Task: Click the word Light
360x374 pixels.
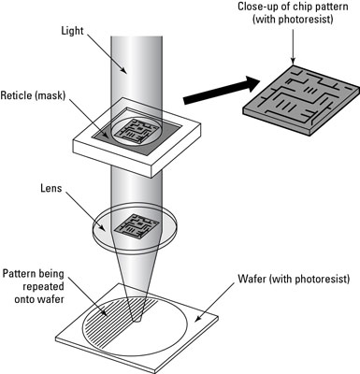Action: [x=72, y=32]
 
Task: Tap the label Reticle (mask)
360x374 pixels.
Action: [x=33, y=95]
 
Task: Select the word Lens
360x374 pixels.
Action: [x=51, y=188]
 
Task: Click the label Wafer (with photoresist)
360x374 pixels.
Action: [x=294, y=279]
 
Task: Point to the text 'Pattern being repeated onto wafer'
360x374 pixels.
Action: [x=34, y=286]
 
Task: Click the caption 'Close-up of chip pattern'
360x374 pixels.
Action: [x=293, y=7]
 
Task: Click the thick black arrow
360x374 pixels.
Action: [x=222, y=91]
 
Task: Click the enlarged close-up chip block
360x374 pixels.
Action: [x=300, y=100]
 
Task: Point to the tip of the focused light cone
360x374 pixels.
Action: [x=137, y=322]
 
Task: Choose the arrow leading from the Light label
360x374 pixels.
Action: [x=107, y=54]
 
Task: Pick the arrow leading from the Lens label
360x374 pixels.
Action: [x=86, y=212]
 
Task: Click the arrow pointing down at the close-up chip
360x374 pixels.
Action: [x=293, y=46]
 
